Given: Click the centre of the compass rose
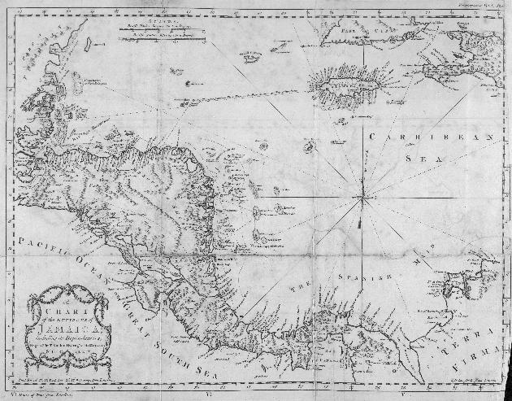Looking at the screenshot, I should [x=362, y=195].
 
